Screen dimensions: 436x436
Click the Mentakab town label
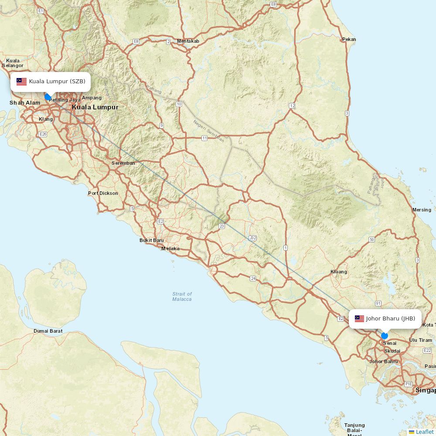click(x=188, y=41)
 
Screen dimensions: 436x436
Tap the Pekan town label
click(x=349, y=39)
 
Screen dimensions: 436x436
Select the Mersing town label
click(x=422, y=210)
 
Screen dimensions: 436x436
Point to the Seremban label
click(x=123, y=163)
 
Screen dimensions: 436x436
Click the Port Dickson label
click(x=103, y=193)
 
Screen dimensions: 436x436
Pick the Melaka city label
click(x=170, y=249)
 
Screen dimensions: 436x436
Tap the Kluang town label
click(x=339, y=272)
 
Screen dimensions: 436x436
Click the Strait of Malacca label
click(x=182, y=296)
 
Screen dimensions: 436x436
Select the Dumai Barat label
click(x=48, y=331)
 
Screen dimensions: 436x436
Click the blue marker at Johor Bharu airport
click(x=384, y=335)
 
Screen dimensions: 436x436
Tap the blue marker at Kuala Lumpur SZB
click(x=48, y=96)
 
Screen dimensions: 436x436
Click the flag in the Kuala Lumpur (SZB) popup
click(x=22, y=82)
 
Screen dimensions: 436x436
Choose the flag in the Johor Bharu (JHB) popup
click(x=359, y=319)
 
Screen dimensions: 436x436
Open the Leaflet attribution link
click(x=424, y=432)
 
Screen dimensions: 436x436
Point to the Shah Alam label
click(x=25, y=103)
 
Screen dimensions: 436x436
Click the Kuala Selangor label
click(x=13, y=63)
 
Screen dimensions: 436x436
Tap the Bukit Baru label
click(x=152, y=240)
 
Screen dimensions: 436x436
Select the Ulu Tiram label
click(x=421, y=340)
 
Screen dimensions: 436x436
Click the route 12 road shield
click(x=292, y=106)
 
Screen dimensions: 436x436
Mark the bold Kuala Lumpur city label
click(x=95, y=107)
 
